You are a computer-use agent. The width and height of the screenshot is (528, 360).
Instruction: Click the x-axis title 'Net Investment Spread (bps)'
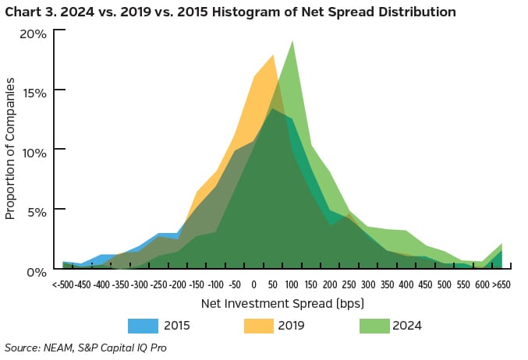coord(282,302)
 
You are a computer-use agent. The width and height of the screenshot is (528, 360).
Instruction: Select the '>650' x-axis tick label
coord(501,284)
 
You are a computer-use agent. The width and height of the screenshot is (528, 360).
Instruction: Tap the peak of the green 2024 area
coord(292,41)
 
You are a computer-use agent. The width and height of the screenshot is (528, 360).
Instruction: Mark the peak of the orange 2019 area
coord(273,55)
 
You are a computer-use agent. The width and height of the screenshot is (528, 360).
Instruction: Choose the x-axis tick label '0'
coord(253,284)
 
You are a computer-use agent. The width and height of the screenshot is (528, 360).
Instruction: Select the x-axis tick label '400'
coord(406,284)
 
